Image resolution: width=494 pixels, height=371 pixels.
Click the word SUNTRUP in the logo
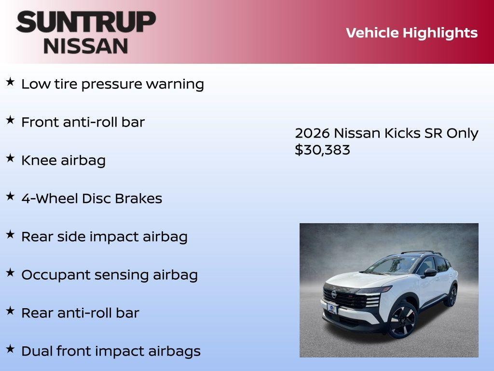pyautogui.click(x=86, y=22)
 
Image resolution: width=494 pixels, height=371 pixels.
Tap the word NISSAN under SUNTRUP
pyautogui.click(x=86, y=45)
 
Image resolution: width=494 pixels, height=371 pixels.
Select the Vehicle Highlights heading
pyautogui.click(x=412, y=33)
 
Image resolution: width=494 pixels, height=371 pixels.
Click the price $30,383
pyautogui.click(x=322, y=150)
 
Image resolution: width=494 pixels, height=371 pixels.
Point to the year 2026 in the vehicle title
pyautogui.click(x=312, y=133)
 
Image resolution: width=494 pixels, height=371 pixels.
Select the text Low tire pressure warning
pyautogui.click(x=112, y=84)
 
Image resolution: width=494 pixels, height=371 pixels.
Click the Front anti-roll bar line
pyautogui.click(x=82, y=122)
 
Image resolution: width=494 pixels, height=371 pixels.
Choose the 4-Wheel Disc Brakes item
pyautogui.click(x=92, y=199)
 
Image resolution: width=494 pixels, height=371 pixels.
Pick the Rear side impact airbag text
pyautogui.click(x=104, y=237)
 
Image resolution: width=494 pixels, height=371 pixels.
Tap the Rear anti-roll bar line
pyautogui.click(x=80, y=313)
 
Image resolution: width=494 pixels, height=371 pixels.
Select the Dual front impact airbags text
pyautogui.click(x=110, y=351)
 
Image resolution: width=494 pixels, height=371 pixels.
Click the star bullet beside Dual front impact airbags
pyautogui.click(x=10, y=349)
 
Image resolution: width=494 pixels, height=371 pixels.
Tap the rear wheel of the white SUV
pyautogui.click(x=452, y=295)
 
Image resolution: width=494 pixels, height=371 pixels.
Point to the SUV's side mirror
pyautogui.click(x=429, y=273)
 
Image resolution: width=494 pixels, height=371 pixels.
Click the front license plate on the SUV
pyautogui.click(x=332, y=308)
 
